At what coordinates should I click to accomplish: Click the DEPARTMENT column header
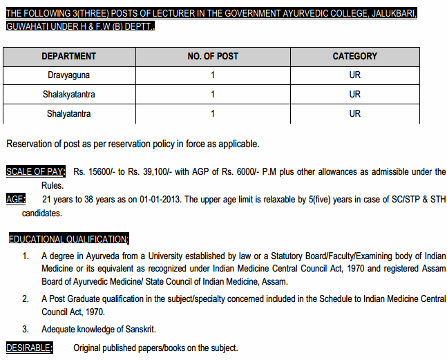click(x=68, y=56)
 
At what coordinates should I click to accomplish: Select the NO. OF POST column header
click(x=213, y=56)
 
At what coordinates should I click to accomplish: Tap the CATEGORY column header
click(x=354, y=56)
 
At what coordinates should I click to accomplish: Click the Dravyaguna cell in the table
click(x=68, y=75)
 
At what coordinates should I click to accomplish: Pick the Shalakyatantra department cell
click(x=68, y=94)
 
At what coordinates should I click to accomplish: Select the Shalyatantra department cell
click(x=68, y=113)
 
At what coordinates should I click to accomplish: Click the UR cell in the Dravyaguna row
click(x=354, y=75)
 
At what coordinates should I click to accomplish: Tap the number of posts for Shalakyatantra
click(x=213, y=94)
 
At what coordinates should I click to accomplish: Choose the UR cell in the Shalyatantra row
click(x=354, y=113)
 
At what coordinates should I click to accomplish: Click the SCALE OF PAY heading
click(x=35, y=171)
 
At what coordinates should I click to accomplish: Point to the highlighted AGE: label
click(x=16, y=200)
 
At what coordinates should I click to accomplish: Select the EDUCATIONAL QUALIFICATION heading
click(x=68, y=239)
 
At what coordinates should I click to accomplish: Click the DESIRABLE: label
click(x=29, y=348)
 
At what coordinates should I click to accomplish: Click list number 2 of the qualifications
click(x=25, y=299)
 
